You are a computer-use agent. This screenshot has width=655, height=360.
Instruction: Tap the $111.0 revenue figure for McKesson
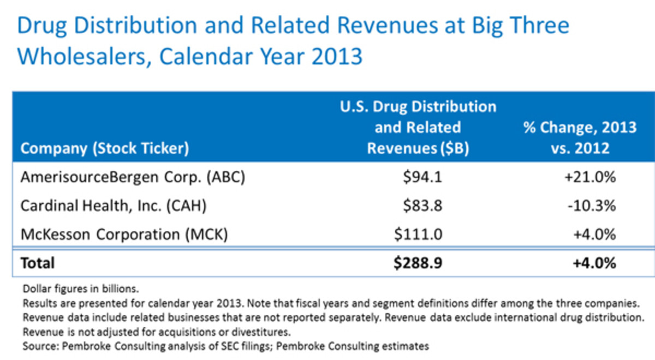coord(419,235)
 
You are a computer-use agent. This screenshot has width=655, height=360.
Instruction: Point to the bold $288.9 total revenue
coord(419,263)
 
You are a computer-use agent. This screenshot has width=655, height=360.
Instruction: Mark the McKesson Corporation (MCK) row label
coord(123,235)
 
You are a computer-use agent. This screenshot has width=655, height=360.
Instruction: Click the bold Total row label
coord(38,263)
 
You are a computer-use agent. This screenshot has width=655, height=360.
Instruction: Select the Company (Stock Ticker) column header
coord(104,148)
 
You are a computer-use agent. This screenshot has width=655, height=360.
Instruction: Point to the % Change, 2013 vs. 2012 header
coord(580,137)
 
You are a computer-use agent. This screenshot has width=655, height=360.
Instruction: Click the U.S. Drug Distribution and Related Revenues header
coord(418,127)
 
